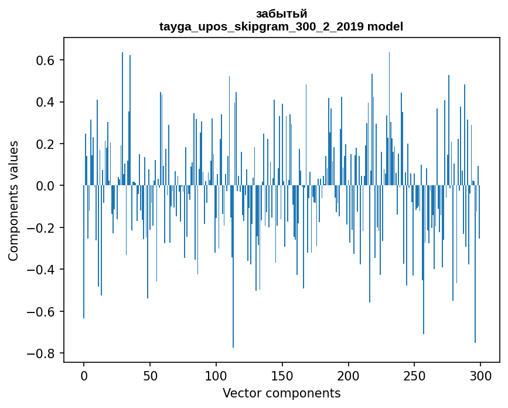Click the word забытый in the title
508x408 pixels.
coord(281,13)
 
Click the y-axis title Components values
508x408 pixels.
coord(13,200)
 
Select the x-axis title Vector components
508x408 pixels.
coord(281,393)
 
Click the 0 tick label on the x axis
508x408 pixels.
coord(84,376)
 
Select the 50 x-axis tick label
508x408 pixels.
coord(150,376)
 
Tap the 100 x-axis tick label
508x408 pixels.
coord(216,376)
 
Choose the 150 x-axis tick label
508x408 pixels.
coord(282,376)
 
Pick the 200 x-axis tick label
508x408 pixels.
coord(349,376)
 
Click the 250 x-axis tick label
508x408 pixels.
coord(414,376)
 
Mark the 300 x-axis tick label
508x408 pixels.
coord(480,376)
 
